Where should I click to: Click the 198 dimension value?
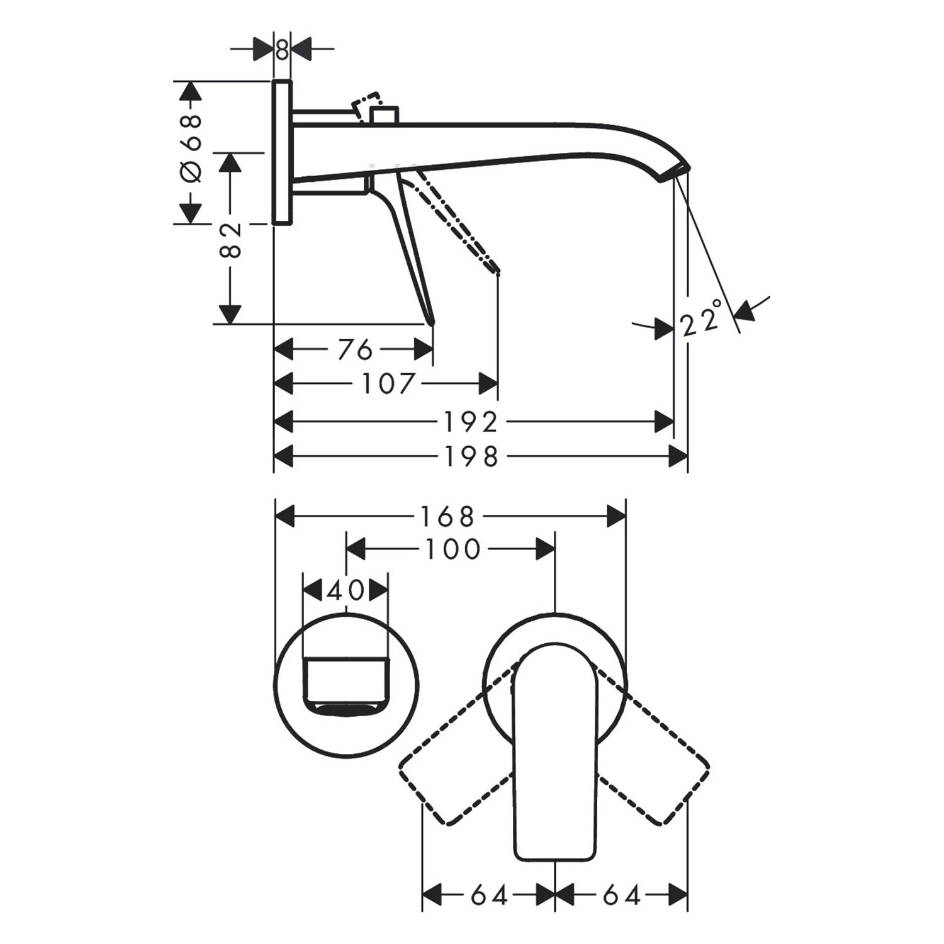[471, 457]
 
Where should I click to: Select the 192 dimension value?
[471, 422]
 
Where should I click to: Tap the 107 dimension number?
[388, 383]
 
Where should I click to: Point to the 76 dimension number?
[355, 349]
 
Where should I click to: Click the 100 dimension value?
[453, 549]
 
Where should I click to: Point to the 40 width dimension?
[346, 591]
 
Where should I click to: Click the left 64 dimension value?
[489, 895]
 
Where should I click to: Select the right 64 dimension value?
[621, 895]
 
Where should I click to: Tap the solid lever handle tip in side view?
[431, 321]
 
